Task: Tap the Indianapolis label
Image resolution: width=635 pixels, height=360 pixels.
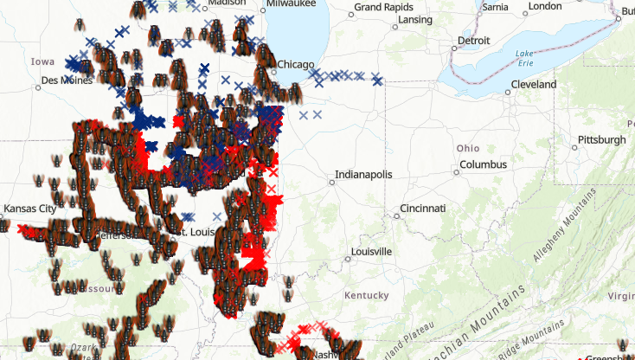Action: (x=363, y=174)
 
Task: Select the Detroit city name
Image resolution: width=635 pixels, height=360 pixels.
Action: (x=473, y=41)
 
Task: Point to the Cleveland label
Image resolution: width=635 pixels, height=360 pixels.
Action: (x=533, y=85)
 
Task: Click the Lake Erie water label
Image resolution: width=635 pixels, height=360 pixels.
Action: (x=525, y=59)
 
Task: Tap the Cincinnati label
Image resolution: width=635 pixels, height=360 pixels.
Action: (x=422, y=209)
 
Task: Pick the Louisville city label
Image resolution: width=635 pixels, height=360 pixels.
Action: (x=371, y=252)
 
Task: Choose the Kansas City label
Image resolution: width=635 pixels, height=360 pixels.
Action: (x=29, y=209)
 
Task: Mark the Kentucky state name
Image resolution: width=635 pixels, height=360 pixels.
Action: (x=366, y=296)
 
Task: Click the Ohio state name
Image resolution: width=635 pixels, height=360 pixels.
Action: (x=468, y=148)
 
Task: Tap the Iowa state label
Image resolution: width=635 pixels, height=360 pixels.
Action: (x=42, y=62)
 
